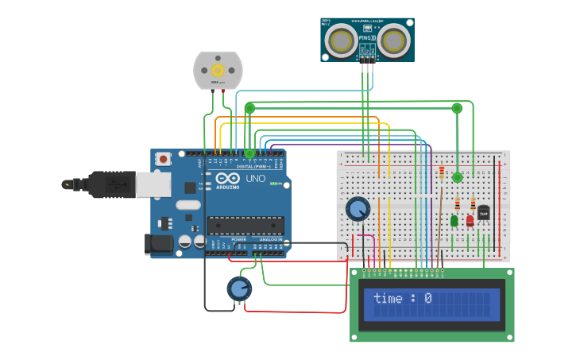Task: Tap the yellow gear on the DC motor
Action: (218, 70)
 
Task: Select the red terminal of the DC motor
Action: (222, 91)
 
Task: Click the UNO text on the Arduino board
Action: (255, 179)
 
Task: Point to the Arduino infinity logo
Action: (226, 180)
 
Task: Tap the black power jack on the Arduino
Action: (159, 244)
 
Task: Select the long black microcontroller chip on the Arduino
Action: (245, 226)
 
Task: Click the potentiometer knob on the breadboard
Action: (358, 209)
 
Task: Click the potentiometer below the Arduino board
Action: (239, 288)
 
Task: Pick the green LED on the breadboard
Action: (454, 221)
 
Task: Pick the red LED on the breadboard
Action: (470, 221)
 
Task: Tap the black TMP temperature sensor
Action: (483, 213)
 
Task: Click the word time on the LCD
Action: (388, 299)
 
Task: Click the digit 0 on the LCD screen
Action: (427, 299)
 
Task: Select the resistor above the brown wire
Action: (443, 172)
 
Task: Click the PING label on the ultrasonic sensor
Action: (368, 37)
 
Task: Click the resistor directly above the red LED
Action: (473, 203)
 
